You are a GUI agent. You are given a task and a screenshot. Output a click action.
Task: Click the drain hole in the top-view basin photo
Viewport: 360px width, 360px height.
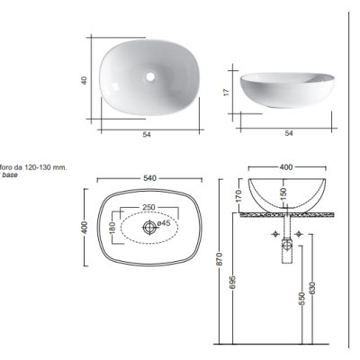(x=150, y=76)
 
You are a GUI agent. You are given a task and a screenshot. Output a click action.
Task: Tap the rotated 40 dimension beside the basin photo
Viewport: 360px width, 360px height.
(x=84, y=80)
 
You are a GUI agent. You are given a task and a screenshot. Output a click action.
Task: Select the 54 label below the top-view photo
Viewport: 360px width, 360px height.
(x=147, y=135)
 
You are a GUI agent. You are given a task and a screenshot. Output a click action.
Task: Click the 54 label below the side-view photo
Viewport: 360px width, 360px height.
(x=288, y=133)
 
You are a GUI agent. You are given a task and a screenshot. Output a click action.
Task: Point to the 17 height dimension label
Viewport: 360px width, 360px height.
(x=227, y=92)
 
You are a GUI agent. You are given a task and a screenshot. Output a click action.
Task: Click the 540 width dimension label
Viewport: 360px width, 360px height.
(x=149, y=178)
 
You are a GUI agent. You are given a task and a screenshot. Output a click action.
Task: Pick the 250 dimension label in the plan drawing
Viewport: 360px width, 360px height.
(x=148, y=207)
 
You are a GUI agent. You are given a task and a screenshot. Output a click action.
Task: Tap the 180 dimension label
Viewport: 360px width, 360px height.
(x=112, y=228)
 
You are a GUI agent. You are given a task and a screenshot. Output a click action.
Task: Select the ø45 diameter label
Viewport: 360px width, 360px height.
(x=164, y=223)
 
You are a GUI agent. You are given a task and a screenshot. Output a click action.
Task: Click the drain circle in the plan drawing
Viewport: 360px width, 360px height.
(x=149, y=227)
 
